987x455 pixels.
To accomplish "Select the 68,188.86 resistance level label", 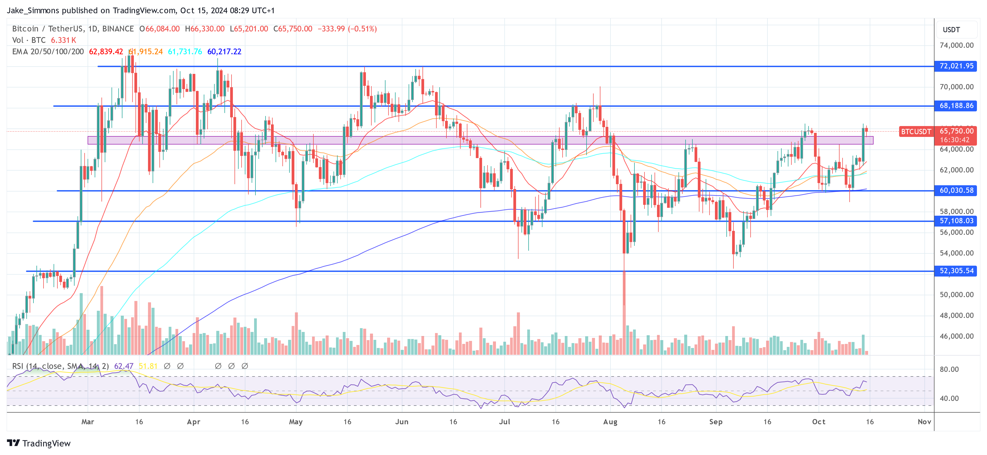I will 956,106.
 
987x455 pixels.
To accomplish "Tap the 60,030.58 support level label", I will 956,190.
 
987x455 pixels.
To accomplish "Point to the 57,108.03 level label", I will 956,221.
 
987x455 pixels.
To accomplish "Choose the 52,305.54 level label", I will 956,271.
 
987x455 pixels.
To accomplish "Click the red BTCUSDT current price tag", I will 915,132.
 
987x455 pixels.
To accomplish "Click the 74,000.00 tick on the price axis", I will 956,45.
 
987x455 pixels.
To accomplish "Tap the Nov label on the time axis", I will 924,422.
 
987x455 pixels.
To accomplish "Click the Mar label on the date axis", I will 88,422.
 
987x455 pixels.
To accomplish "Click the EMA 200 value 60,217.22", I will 224,52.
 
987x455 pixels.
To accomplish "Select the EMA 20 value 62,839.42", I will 106,52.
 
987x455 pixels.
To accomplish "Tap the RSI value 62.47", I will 124,366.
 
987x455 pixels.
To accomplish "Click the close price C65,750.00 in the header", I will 293,29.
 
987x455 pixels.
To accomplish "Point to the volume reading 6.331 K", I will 64,40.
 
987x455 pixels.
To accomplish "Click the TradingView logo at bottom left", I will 39,443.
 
